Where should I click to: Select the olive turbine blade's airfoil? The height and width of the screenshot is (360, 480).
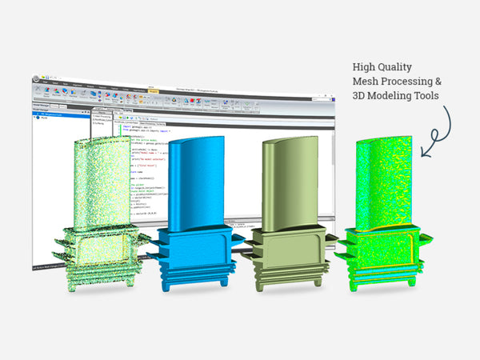[x=283, y=180]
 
